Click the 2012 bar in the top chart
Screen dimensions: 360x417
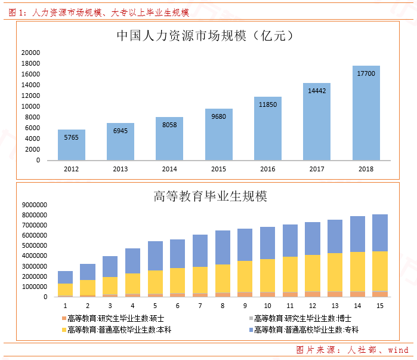tap(72, 145)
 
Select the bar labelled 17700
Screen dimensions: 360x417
tap(366, 113)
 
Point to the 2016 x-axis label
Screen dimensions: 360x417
tap(268, 169)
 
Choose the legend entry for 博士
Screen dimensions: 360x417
tap(302, 318)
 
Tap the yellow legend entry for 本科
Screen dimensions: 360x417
tap(116, 330)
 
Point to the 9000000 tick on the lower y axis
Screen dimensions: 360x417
tap(34, 205)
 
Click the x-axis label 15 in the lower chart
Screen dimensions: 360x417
tap(379, 305)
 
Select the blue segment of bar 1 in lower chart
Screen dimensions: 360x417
tap(66, 278)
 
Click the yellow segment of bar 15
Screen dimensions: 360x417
tap(379, 271)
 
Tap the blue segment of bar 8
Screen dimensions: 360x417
tap(223, 248)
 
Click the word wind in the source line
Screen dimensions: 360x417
tap(398, 350)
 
